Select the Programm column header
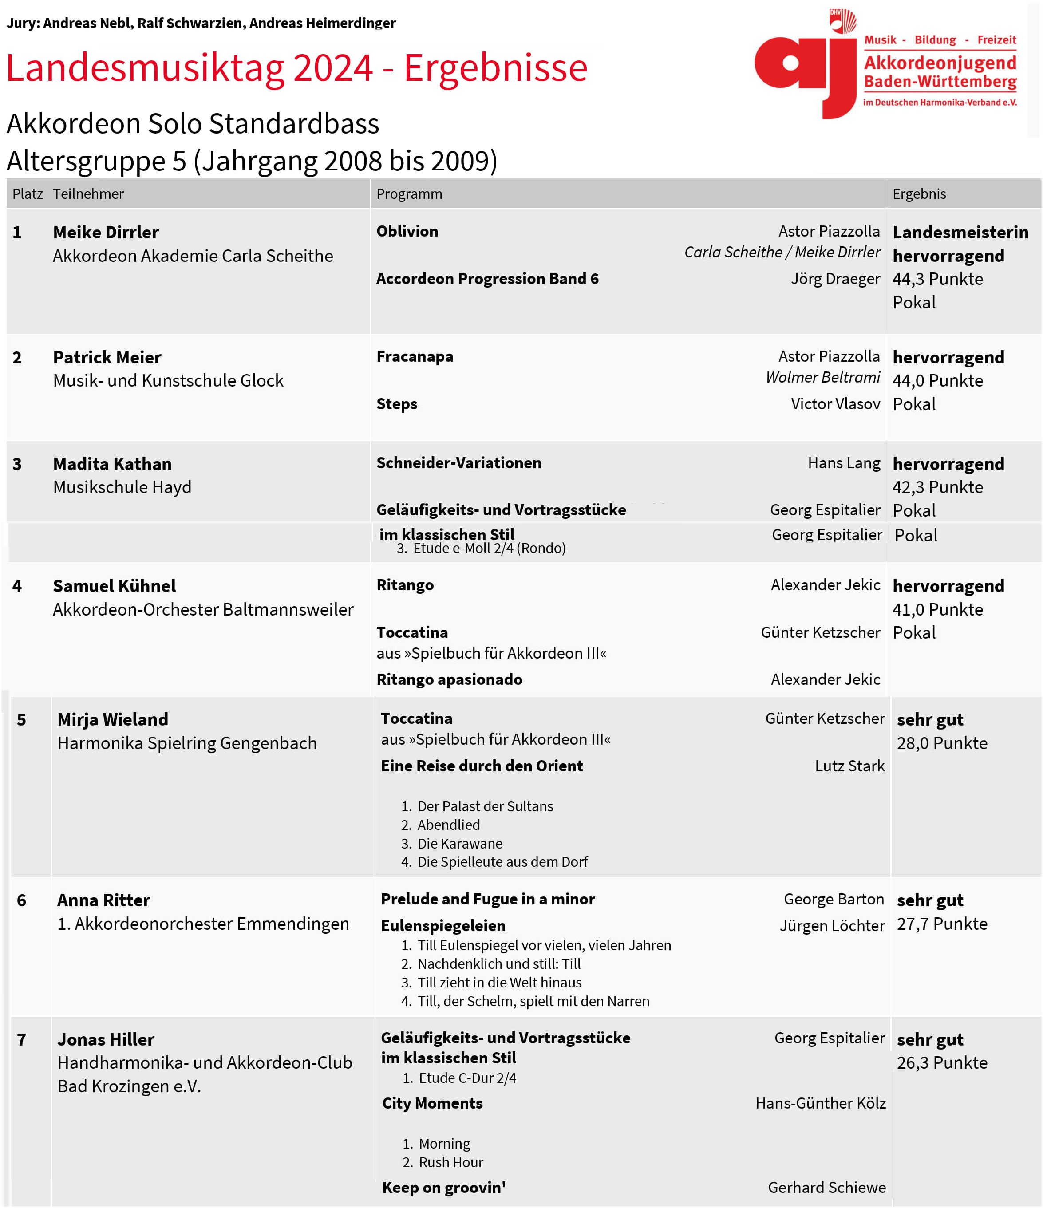[x=409, y=194]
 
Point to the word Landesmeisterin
[x=960, y=232]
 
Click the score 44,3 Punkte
[x=937, y=279]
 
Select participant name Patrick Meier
[x=107, y=357]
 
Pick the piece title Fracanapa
[x=415, y=356]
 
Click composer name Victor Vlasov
[x=835, y=403]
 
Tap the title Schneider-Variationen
[x=458, y=463]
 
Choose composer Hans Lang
[x=844, y=463]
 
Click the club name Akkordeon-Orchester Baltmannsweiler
[x=203, y=609]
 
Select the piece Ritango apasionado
[x=449, y=679]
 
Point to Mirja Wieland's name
[x=113, y=719]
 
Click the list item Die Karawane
[x=459, y=843]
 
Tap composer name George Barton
[x=833, y=899]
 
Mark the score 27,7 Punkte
[x=941, y=924]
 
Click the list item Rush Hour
[x=450, y=1162]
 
